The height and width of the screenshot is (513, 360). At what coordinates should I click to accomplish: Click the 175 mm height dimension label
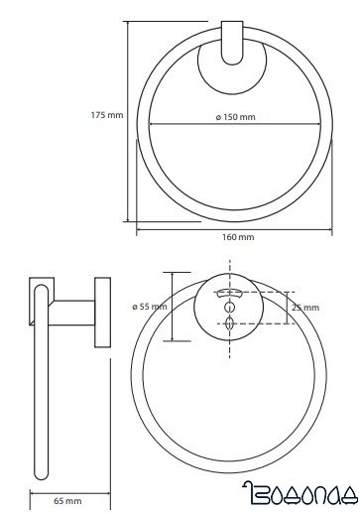(107, 115)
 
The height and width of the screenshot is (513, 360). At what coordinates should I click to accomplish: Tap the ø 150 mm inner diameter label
(236, 117)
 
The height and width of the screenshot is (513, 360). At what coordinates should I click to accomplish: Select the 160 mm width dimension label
(238, 237)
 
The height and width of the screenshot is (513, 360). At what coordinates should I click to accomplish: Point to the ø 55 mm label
(150, 307)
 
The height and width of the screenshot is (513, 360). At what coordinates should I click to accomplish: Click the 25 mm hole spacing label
(305, 308)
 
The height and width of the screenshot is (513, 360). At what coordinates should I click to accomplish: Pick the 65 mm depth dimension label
(67, 501)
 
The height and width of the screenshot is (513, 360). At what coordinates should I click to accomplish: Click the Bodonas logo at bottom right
(300, 494)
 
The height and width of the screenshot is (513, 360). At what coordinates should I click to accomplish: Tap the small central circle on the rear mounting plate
(229, 308)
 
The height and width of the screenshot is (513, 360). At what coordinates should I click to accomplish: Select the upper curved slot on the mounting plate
(229, 293)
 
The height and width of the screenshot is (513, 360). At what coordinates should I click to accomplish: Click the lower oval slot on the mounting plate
(229, 322)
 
